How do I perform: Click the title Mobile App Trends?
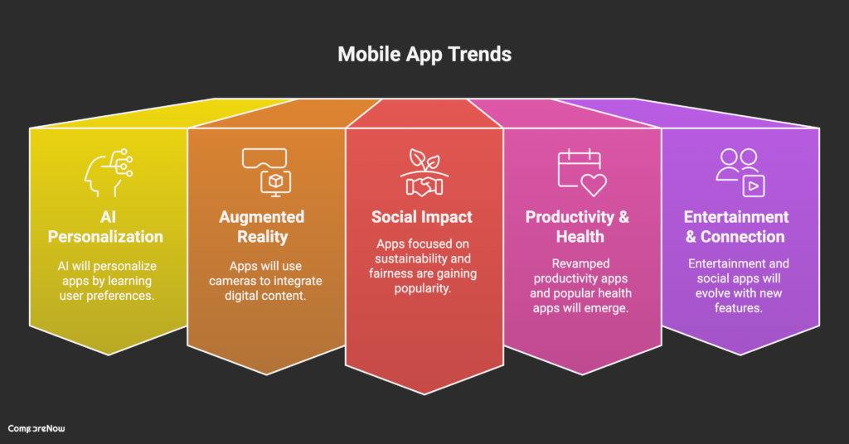point(424,55)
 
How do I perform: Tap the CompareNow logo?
point(36,428)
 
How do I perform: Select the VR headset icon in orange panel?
point(264,170)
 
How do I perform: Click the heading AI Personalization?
point(105,226)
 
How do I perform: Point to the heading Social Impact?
point(422,217)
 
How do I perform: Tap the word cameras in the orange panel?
point(250,282)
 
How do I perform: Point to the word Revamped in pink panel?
point(580,263)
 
